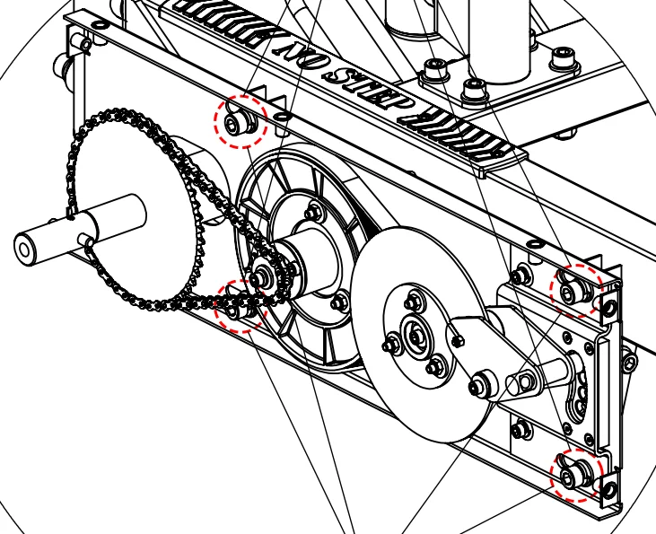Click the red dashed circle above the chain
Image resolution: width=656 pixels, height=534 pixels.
[240, 121]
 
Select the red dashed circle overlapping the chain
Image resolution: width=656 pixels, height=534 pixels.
[240, 306]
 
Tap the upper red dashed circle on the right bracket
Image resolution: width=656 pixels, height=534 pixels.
[576, 290]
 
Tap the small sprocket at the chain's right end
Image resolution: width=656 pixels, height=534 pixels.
[264, 276]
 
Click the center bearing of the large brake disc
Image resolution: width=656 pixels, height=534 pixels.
[416, 335]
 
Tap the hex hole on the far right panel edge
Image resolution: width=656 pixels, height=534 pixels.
[629, 363]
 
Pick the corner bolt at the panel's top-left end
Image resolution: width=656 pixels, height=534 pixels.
[85, 43]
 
